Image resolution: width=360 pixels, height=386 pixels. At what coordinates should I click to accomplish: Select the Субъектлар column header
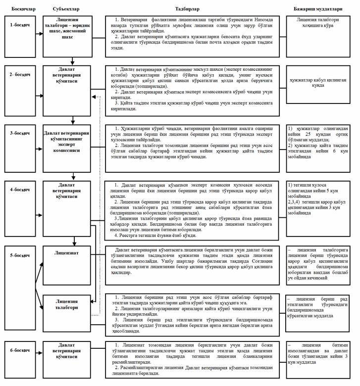click(66, 9)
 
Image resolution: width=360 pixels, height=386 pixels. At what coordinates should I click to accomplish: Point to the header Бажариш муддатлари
click(318, 9)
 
